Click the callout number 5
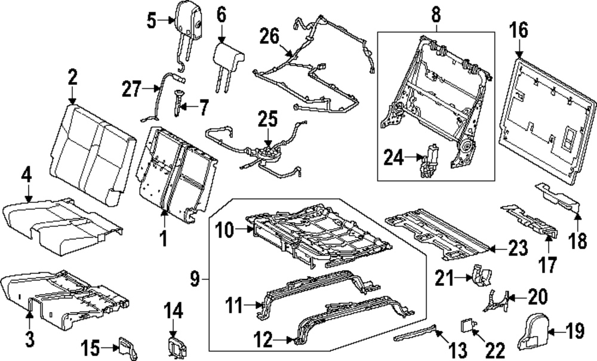(152, 21)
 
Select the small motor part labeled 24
(428, 161)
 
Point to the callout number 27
(132, 90)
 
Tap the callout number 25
(268, 119)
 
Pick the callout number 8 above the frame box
(435, 14)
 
